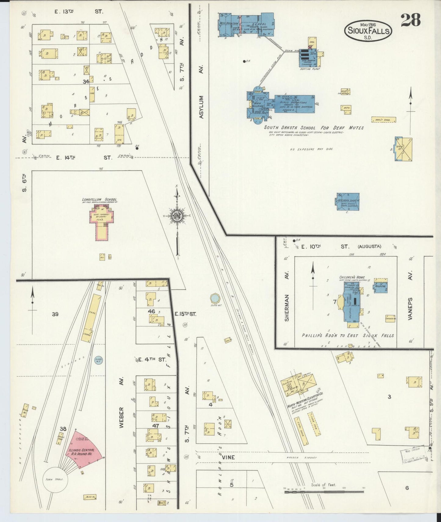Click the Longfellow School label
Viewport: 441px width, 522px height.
(x=99, y=200)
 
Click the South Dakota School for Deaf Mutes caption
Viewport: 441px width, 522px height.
(x=314, y=128)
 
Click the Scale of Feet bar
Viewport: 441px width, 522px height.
(x=324, y=492)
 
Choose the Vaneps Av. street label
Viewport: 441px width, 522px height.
(x=410, y=308)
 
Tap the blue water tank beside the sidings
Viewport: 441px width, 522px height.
(x=99, y=361)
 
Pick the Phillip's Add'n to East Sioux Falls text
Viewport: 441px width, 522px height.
(x=348, y=335)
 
